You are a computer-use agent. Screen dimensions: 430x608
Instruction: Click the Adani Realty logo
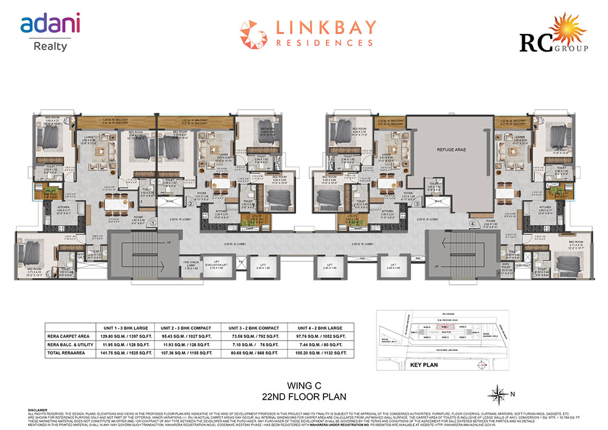pos(50,30)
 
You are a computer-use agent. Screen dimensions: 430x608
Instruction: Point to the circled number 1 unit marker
pos(153,223)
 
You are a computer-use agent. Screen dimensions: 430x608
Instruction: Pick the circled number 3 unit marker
pos(417,204)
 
